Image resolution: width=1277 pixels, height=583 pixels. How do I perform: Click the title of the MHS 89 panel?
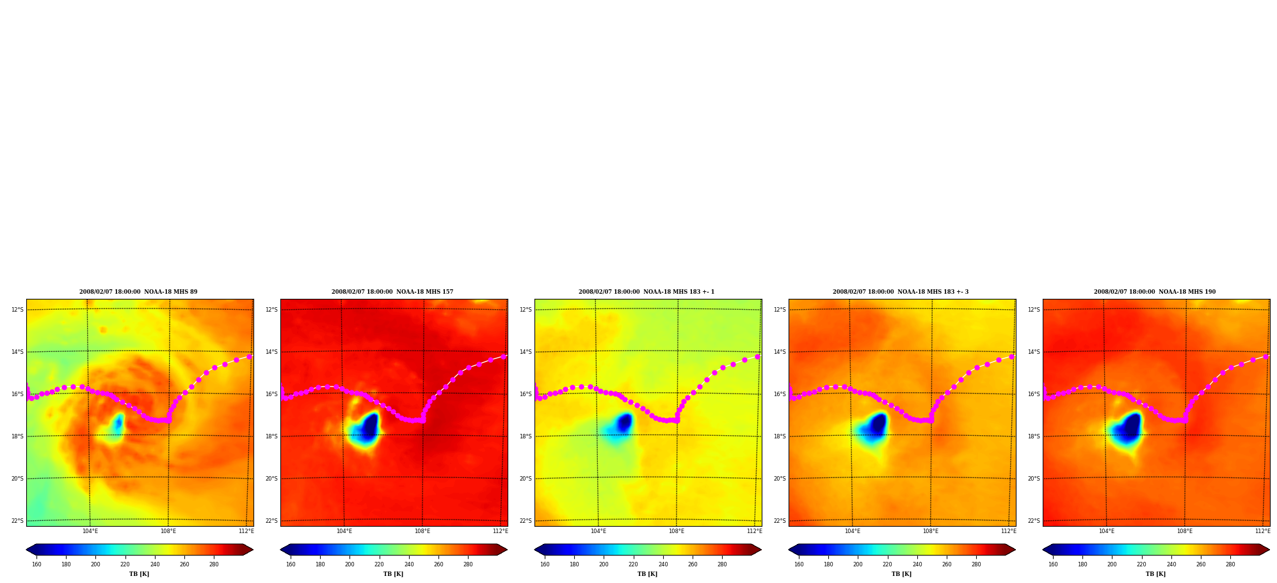click(x=138, y=292)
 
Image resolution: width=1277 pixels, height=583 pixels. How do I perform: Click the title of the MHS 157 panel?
click(x=392, y=292)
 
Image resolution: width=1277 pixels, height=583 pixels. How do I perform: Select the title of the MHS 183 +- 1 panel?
click(x=647, y=292)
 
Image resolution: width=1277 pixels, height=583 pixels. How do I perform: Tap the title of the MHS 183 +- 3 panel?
click(x=901, y=292)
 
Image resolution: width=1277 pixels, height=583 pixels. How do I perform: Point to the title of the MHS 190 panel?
click(x=1155, y=292)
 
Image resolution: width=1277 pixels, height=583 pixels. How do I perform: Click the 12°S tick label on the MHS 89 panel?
click(x=17, y=310)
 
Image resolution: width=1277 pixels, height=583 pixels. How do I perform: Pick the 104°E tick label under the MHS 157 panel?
click(x=344, y=531)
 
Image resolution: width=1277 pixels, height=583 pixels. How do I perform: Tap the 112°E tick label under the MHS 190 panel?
click(x=1263, y=531)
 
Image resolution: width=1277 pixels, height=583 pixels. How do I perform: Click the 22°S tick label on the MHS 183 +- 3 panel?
click(x=780, y=521)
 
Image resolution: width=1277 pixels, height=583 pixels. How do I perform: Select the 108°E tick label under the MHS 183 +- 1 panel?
click(x=677, y=531)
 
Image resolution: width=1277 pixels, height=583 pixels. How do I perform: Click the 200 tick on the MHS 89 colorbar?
click(x=95, y=564)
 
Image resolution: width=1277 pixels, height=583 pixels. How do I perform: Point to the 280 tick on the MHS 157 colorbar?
click(x=468, y=564)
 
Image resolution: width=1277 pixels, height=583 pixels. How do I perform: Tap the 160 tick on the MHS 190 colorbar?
click(x=1053, y=564)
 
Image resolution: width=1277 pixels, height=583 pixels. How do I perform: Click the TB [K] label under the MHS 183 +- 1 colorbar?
click(x=647, y=574)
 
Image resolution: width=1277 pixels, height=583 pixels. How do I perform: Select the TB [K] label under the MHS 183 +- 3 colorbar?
click(x=901, y=574)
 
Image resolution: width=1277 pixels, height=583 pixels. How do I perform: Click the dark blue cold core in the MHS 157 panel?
click(x=369, y=426)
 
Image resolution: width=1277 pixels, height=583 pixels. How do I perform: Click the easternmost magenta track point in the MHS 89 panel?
click(x=250, y=356)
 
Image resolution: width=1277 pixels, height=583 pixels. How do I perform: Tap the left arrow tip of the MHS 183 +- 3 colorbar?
click(x=789, y=550)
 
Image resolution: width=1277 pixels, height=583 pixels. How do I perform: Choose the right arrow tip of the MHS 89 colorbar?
click(x=253, y=550)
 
